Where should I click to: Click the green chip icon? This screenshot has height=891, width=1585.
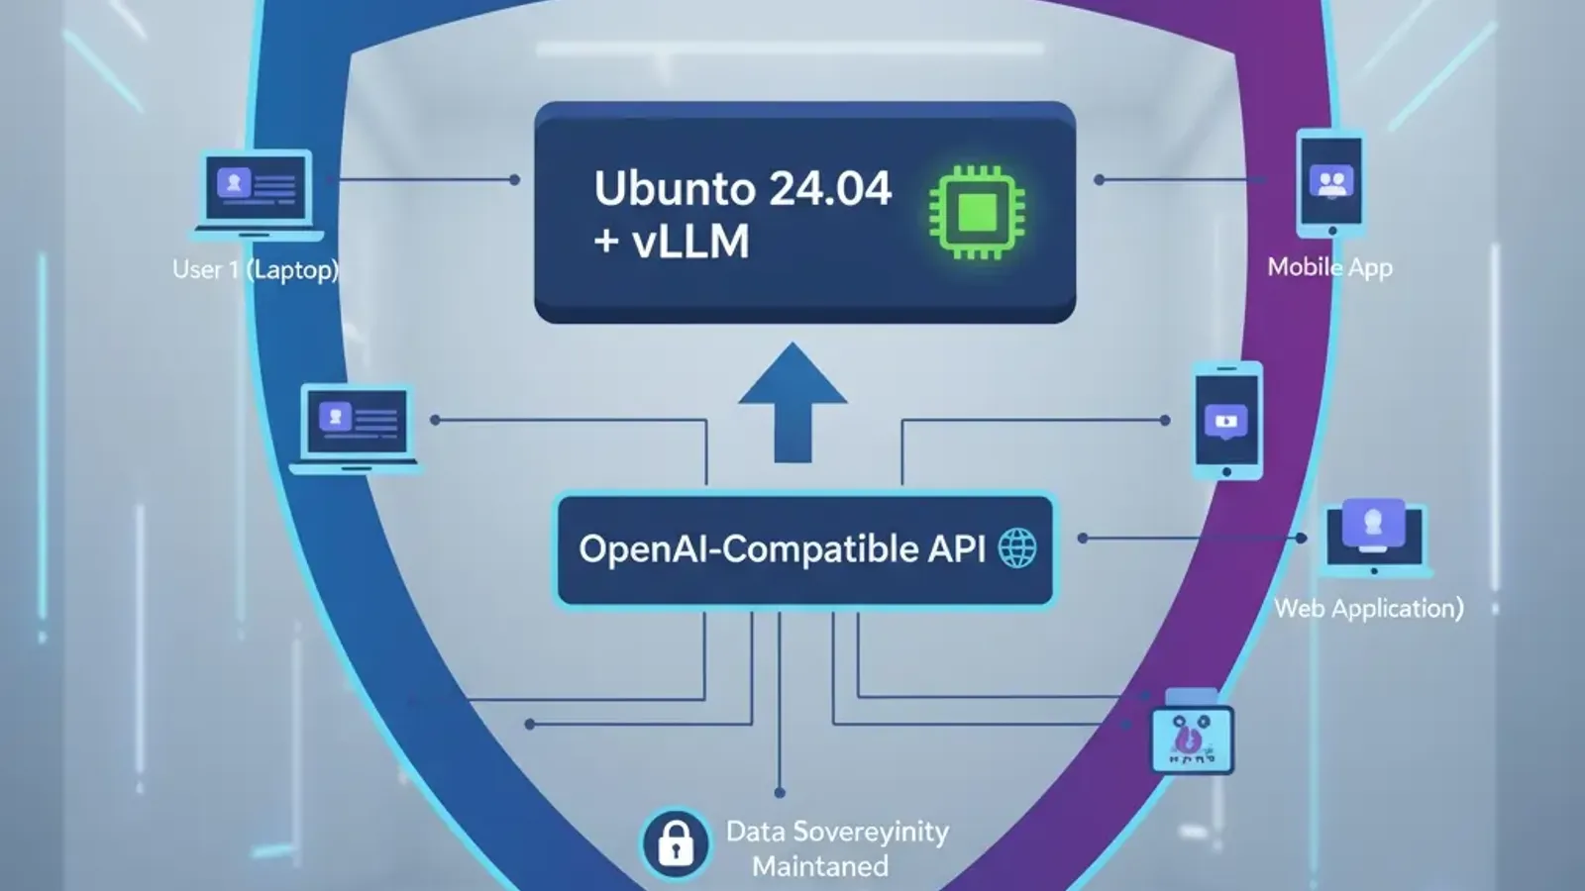(x=977, y=213)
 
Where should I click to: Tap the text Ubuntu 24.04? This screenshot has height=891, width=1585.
(x=742, y=188)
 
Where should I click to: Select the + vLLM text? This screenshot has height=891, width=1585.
(x=672, y=242)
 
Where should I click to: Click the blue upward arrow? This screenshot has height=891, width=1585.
(x=792, y=402)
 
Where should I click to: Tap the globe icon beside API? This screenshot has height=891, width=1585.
(x=1016, y=548)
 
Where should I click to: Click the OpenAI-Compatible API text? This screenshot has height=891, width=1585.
(x=781, y=549)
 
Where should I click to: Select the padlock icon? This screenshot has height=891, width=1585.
(x=676, y=844)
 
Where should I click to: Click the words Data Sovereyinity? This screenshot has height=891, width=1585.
(x=837, y=832)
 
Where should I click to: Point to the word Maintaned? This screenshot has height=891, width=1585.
(x=819, y=866)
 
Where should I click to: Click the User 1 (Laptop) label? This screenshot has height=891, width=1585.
(x=255, y=269)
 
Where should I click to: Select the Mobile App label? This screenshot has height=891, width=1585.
(x=1329, y=267)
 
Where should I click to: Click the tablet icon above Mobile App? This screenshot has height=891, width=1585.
(x=1331, y=184)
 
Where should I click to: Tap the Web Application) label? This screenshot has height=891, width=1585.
(x=1368, y=608)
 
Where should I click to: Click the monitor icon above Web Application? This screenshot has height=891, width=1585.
(x=1373, y=536)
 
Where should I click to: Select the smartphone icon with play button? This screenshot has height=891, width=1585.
(x=1226, y=421)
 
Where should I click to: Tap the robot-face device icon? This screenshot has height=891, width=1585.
(x=1192, y=738)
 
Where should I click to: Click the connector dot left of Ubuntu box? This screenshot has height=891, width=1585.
(x=514, y=180)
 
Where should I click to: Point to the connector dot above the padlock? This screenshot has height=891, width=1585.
(x=780, y=792)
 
